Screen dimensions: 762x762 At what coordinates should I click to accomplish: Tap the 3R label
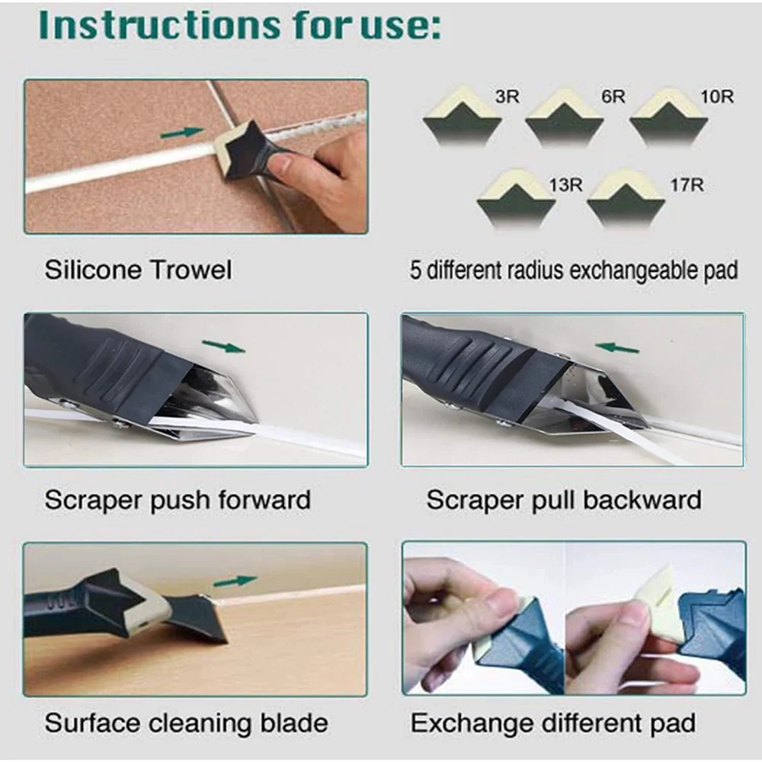(x=507, y=98)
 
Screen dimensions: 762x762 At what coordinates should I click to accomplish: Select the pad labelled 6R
(x=565, y=119)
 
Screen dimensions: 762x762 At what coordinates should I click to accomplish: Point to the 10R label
(x=717, y=98)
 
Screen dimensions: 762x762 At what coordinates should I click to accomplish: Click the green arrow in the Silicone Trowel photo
(x=182, y=133)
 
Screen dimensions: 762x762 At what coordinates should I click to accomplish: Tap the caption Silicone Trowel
(x=138, y=270)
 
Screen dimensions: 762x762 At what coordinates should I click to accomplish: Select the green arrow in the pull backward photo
(x=617, y=348)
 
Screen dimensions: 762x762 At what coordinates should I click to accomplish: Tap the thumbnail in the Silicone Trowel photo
(x=281, y=163)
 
